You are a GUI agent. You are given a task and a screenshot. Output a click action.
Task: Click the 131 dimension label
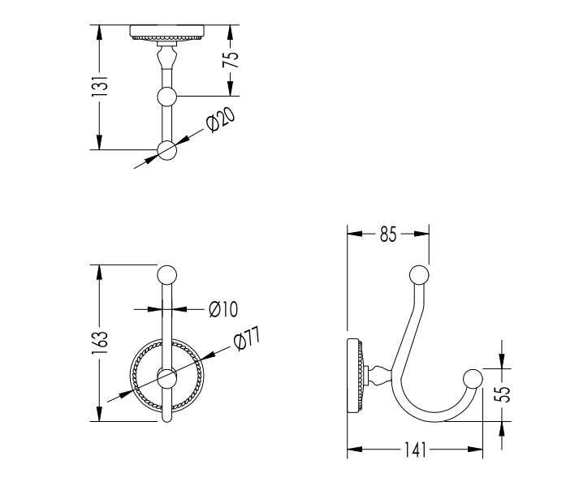[x=100, y=87]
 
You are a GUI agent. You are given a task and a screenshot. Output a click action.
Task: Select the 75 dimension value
[x=231, y=59]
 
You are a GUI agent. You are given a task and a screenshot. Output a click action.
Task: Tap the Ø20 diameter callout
[x=220, y=120]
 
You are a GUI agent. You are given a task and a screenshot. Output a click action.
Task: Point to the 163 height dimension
[x=100, y=343]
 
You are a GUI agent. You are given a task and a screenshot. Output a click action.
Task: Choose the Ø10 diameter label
[x=223, y=309]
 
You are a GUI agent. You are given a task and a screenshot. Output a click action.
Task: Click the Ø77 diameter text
[x=247, y=339]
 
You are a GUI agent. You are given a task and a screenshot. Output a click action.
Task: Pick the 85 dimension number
[x=388, y=235]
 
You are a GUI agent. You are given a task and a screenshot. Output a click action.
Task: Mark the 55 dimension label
[x=502, y=394]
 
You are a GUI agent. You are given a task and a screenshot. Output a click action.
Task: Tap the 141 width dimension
[x=415, y=450]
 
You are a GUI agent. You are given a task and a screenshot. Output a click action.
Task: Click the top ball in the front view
[x=167, y=275]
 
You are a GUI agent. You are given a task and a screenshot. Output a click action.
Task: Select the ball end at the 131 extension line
[x=167, y=150]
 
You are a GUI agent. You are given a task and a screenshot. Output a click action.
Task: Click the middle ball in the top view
[x=167, y=97]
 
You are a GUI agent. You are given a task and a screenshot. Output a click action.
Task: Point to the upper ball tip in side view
[x=420, y=275]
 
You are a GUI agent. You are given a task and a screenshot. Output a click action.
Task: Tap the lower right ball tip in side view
[x=473, y=378]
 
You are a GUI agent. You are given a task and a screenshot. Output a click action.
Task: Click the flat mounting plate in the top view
[x=167, y=31]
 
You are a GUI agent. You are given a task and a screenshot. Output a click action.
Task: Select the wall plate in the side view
[x=355, y=375]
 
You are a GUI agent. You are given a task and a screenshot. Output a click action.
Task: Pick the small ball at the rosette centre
[x=167, y=377]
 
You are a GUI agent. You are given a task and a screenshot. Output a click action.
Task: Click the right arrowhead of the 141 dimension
[x=475, y=450]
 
